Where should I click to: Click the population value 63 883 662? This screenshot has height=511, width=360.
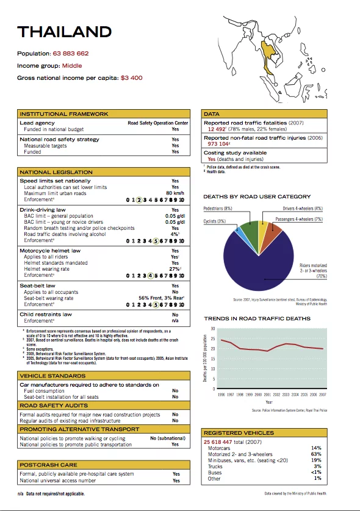tap(71, 54)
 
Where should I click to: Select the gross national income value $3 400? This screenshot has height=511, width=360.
tap(131, 78)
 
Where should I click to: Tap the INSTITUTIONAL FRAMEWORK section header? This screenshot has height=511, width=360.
tap(64, 114)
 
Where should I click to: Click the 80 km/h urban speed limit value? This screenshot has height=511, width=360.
tap(175, 193)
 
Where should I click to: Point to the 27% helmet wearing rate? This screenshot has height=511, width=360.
tap(174, 269)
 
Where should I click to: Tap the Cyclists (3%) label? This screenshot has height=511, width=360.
tap(215, 221)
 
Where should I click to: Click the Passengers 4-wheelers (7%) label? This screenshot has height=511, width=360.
tap(299, 218)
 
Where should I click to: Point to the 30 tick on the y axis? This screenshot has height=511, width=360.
tap(213, 329)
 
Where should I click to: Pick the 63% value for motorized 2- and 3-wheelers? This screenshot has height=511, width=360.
tap(315, 454)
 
